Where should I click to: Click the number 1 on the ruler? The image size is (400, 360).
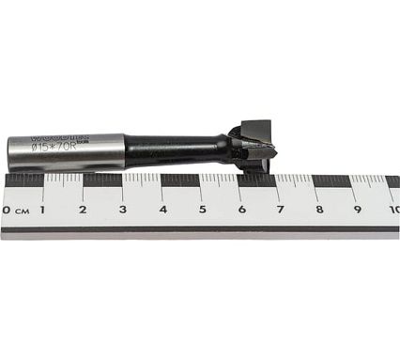(x=43, y=209)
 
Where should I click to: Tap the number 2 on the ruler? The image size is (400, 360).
(x=83, y=209)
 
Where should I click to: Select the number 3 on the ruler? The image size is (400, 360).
(x=122, y=209)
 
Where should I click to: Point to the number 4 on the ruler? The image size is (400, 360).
(x=162, y=209)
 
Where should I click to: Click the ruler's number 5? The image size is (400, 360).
(x=202, y=209)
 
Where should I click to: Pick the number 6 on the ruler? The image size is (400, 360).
(x=241, y=209)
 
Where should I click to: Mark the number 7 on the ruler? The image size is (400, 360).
(x=281, y=209)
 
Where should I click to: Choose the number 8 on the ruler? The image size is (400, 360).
(x=319, y=209)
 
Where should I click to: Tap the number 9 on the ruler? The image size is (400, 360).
(x=358, y=209)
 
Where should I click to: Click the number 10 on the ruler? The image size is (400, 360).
(x=393, y=209)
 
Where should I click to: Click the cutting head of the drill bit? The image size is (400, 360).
(x=253, y=144)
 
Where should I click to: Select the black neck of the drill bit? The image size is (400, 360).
(x=174, y=149)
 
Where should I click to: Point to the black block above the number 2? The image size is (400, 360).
(x=102, y=180)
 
